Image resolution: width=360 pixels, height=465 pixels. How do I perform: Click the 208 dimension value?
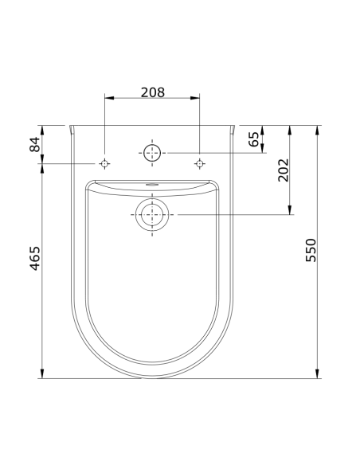pyautogui.click(x=152, y=92)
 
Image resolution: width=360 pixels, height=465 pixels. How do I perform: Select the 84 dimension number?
pyautogui.click(x=34, y=144)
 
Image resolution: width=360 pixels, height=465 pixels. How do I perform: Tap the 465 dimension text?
pyautogui.click(x=34, y=258)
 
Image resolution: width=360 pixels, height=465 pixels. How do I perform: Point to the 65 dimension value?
pyautogui.click(x=254, y=139)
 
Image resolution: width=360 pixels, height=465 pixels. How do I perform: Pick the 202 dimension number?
pyautogui.click(x=282, y=170)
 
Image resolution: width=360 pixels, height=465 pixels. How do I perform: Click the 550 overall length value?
pyautogui.click(x=311, y=250)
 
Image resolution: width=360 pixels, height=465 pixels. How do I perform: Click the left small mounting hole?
pyautogui.click(x=104, y=163)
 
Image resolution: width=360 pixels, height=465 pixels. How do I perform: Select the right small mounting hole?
pyautogui.click(x=199, y=163)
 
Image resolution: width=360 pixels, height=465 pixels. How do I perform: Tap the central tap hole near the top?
pyautogui.click(x=151, y=151)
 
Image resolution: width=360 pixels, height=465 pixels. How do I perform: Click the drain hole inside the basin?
pyautogui.click(x=151, y=215)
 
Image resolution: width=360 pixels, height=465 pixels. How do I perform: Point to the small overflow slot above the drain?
pyautogui.click(x=151, y=186)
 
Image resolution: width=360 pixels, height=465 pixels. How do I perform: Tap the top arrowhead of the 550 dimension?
pyautogui.click(x=319, y=129)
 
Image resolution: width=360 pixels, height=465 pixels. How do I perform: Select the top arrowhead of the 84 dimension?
pyautogui.click(x=42, y=129)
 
